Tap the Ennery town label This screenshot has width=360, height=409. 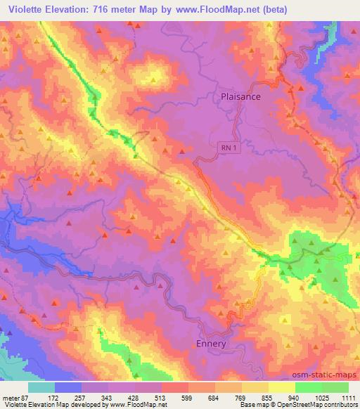pyautogui.click(x=210, y=344)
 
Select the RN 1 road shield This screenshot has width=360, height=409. pyautogui.click(x=224, y=148)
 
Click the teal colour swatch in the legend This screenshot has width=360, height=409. pyautogui.click(x=41, y=387)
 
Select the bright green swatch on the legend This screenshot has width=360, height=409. pyautogui.click(x=309, y=387)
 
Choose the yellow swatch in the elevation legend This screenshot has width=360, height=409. pyautogui.click(x=282, y=387)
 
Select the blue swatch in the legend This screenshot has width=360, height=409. pyautogui.click(x=68, y=387)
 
